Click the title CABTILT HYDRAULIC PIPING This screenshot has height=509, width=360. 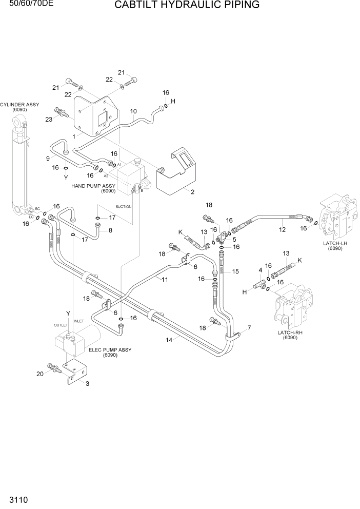click(187, 6)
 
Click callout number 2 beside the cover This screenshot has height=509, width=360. click(192, 192)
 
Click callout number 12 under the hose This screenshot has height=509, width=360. click(282, 229)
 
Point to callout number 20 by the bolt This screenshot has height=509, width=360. click(41, 374)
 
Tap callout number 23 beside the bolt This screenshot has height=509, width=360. click(49, 119)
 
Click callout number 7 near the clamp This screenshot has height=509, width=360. click(249, 327)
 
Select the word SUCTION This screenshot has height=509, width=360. click(123, 206)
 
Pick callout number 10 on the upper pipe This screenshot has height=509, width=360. click(133, 111)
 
